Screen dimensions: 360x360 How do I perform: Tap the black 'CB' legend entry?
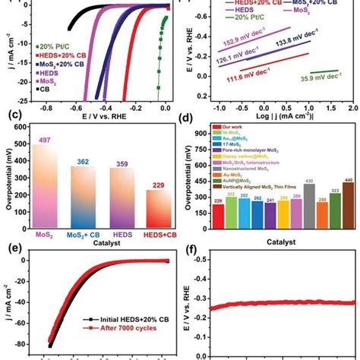pyautogui.click(x=49, y=90)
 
